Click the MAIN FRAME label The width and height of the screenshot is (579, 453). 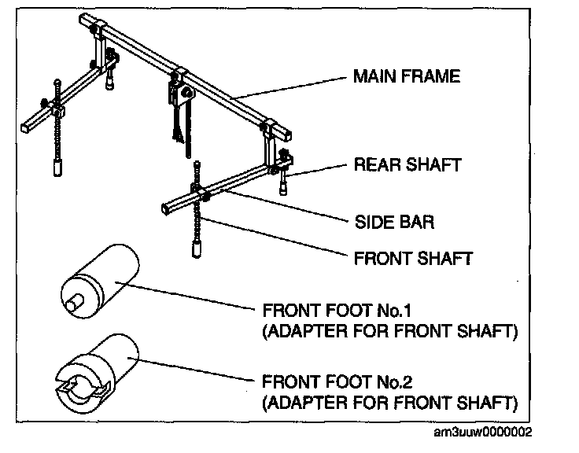(x=406, y=77)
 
